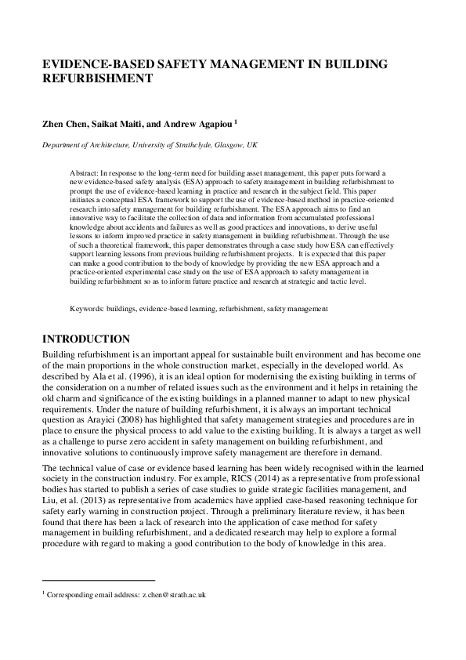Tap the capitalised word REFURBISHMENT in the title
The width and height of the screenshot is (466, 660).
(96, 79)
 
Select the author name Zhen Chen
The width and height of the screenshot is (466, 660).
(63, 124)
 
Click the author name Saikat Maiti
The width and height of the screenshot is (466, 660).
(117, 124)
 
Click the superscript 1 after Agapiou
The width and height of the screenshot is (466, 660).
(236, 121)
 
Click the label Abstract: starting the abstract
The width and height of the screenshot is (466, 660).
(84, 170)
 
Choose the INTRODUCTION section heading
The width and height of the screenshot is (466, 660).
(85, 339)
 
